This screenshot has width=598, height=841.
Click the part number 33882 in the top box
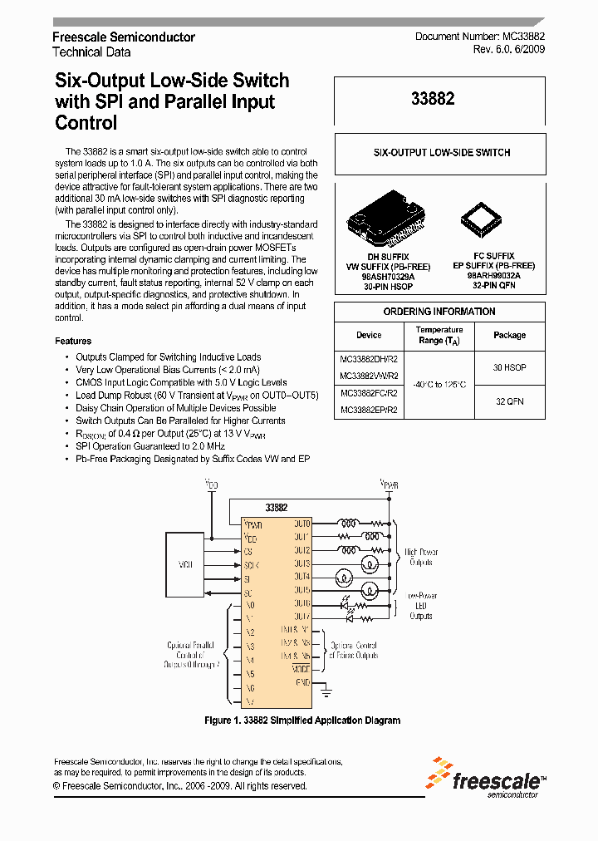click(x=433, y=99)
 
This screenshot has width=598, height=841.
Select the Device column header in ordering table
click(x=369, y=335)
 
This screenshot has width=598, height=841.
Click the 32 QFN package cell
click(x=509, y=401)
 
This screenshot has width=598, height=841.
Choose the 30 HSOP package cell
click(x=509, y=366)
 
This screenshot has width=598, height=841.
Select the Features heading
click(x=73, y=341)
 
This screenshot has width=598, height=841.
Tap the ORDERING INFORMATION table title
click(x=439, y=312)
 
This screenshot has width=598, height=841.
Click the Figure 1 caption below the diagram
click(x=302, y=721)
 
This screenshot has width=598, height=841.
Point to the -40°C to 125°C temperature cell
click(x=439, y=384)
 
